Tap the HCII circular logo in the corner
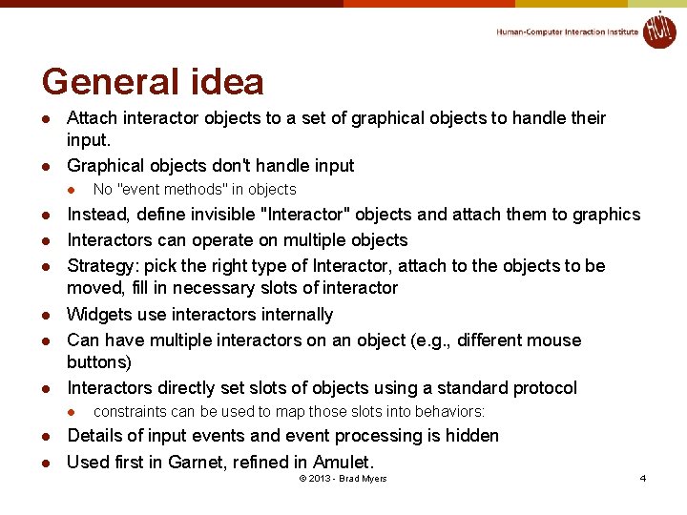(658, 30)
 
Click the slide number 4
(643, 478)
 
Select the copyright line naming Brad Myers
(343, 478)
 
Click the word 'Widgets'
(97, 315)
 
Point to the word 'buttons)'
(98, 362)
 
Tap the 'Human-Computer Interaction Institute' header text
(567, 31)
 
